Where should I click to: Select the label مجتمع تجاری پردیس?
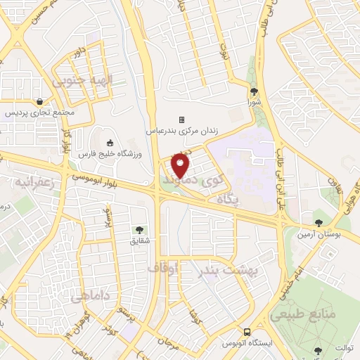(x=37, y=112)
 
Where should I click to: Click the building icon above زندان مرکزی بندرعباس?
(x=181, y=120)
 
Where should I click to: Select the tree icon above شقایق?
(x=139, y=229)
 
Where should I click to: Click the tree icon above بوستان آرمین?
(x=319, y=223)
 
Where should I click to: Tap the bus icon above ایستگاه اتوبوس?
(x=247, y=332)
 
